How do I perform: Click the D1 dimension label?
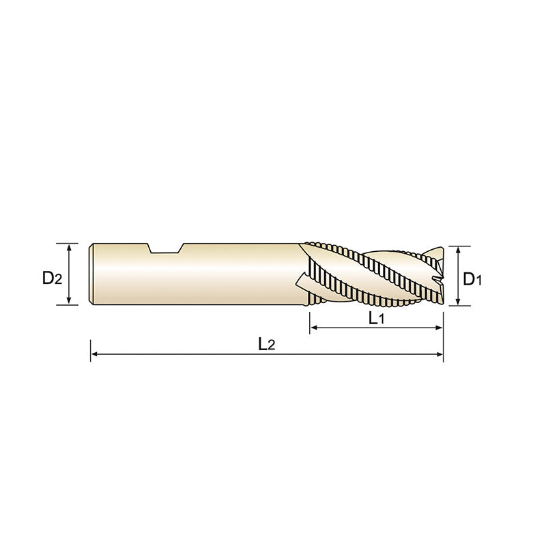[472, 278]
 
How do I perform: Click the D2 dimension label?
[52, 278]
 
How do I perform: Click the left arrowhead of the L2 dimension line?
[94, 355]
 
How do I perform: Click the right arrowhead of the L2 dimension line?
[440, 355]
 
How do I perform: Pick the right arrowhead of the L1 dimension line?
[440, 329]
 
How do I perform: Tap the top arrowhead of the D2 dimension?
[70, 246]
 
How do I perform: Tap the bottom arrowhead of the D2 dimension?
[70, 302]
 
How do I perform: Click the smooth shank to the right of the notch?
[239, 273]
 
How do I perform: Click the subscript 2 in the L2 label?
[271, 347]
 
